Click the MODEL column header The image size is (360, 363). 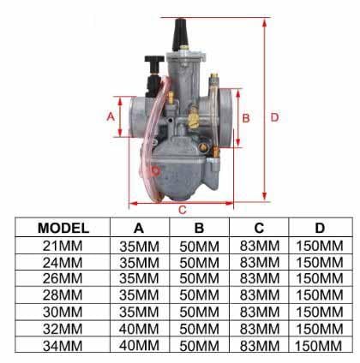coord(64,228)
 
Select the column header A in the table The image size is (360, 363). coord(139,228)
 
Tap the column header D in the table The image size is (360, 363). coord(319,228)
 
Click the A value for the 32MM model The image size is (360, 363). coord(139,328)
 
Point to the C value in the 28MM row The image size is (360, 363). coord(258,295)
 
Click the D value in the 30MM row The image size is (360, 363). coord(319,312)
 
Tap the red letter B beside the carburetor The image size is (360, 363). coord(245,118)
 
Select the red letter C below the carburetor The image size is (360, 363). coord(182,210)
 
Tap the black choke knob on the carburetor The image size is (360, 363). coord(154,62)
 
